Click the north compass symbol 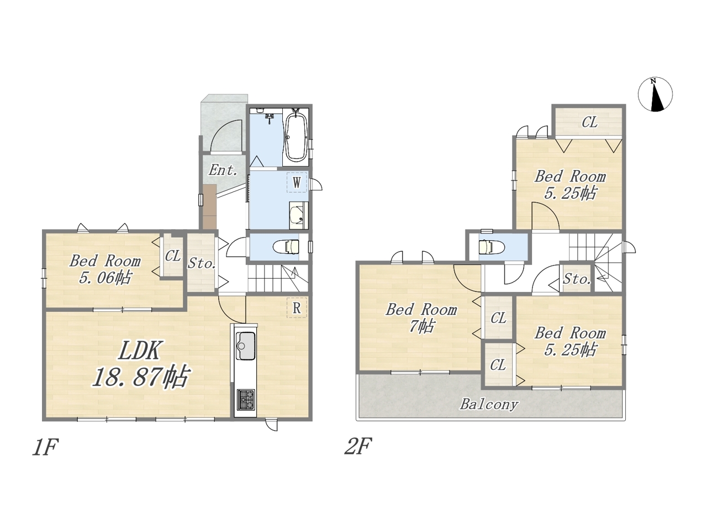(655, 94)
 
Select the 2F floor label (358, 446)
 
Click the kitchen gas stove (246, 399)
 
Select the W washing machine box (297, 182)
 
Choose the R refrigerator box (297, 308)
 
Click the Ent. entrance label (223, 170)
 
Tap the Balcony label (489, 404)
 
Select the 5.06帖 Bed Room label (105, 269)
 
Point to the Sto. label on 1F (202, 263)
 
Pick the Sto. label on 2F (577, 279)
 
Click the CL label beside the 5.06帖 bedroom (173, 256)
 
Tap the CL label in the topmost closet (589, 122)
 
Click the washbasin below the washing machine (298, 215)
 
